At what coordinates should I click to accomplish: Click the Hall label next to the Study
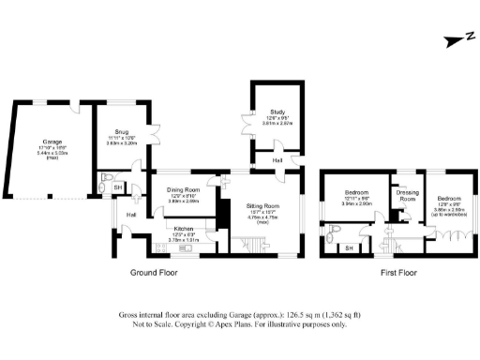[278, 160]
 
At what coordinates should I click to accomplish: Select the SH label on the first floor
[349, 247]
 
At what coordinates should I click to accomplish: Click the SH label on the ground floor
[117, 187]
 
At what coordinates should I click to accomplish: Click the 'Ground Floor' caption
[160, 273]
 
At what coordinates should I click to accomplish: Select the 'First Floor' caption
[397, 273]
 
